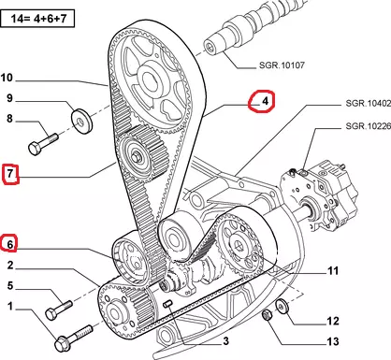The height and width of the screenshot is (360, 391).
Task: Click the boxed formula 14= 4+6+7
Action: click(38, 19)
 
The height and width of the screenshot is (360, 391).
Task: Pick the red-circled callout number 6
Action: click(10, 244)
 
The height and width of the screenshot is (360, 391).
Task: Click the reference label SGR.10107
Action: click(282, 65)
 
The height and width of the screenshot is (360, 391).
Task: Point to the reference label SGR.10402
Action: click(368, 103)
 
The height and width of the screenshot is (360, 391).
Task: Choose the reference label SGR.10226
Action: click(368, 126)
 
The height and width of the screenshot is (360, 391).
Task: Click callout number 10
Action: click(7, 78)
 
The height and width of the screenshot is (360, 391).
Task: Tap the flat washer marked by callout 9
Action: click(82, 122)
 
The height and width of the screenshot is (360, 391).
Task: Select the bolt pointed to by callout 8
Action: click(43, 144)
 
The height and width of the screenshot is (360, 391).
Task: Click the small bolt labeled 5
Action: click(59, 310)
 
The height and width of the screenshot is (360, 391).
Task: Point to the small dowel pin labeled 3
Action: click(168, 304)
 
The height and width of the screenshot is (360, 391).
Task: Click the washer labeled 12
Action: click(282, 306)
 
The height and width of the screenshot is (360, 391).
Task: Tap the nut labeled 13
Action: click(267, 315)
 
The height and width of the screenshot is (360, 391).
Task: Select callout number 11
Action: click(333, 270)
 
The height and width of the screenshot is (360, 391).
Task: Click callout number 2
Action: click(10, 265)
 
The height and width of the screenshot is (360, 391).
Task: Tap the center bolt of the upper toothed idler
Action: click(137, 157)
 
